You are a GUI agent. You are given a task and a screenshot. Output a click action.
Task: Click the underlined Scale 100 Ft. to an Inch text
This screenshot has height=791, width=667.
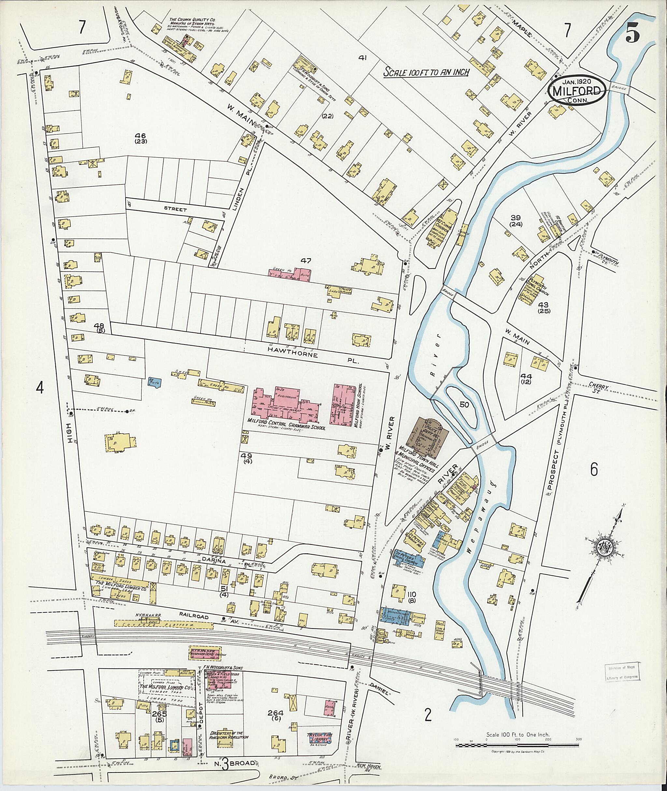point(426,72)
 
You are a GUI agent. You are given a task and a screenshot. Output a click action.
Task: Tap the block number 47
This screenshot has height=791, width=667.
point(305,260)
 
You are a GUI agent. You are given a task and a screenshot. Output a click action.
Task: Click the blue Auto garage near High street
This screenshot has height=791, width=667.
point(155,382)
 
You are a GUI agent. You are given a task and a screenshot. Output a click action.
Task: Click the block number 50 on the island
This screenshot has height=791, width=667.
point(464,404)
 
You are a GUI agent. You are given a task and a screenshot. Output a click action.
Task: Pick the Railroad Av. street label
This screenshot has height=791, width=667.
point(200,617)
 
